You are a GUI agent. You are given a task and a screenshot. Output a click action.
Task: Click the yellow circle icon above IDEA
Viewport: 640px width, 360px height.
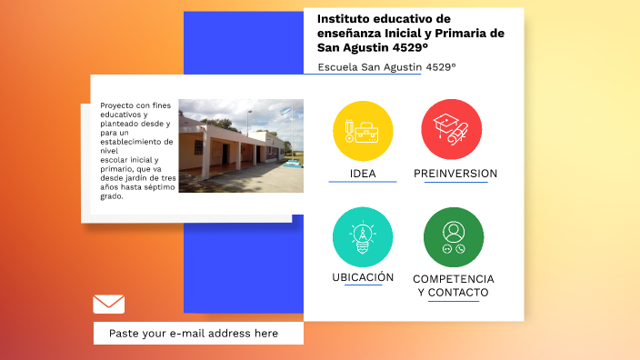363,130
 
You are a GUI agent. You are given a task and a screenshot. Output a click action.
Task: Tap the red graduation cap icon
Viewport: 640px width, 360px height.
451,130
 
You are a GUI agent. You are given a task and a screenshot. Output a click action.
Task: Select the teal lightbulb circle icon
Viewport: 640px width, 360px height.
363,237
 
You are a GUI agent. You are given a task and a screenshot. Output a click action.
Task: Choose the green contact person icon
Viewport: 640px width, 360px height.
453,237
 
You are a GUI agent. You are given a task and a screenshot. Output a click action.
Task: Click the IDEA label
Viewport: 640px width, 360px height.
363,174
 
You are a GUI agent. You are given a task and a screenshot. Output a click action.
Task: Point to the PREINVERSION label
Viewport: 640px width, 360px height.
455,174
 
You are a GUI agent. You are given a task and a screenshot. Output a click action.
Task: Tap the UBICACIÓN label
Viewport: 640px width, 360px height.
363,277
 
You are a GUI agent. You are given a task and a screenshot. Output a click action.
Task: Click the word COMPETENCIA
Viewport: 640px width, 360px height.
454,278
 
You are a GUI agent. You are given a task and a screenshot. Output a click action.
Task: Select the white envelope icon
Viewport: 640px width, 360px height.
108,304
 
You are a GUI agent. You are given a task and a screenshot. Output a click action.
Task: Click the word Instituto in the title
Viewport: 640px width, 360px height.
346,19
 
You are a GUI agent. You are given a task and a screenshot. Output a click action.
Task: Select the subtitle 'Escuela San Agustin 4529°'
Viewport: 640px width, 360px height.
386,67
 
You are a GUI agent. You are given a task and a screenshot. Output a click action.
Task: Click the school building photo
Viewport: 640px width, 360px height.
241,145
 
